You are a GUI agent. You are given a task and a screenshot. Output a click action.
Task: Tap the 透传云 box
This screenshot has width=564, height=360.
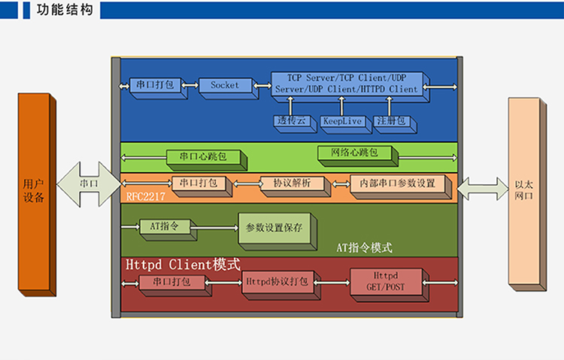[295, 124]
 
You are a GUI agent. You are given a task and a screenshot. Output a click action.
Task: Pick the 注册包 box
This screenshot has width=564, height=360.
[395, 124]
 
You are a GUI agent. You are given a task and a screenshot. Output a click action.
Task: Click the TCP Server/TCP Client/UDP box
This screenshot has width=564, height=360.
[350, 87]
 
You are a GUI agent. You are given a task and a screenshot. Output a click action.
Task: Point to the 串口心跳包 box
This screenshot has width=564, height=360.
[207, 159]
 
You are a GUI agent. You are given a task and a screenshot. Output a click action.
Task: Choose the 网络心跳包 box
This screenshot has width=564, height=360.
[358, 156]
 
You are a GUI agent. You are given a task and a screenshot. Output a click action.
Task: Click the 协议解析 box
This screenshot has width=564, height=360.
[295, 186]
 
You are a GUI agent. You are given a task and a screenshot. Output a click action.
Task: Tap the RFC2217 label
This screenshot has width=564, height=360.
[146, 196]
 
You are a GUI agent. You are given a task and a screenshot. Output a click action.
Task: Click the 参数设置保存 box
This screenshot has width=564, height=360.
[277, 231]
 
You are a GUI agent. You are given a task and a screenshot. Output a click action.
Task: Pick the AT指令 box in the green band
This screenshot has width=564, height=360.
[168, 230]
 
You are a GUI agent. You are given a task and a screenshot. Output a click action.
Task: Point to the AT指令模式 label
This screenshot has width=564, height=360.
[365, 248]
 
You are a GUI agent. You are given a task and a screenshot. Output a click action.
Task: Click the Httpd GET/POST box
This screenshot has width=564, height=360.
[390, 285]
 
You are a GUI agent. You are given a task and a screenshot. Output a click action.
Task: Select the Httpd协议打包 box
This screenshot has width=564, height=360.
[281, 285]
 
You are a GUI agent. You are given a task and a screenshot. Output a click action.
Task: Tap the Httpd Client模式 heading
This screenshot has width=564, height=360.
[183, 265]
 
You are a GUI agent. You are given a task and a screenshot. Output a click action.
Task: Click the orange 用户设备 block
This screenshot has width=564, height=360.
[37, 195]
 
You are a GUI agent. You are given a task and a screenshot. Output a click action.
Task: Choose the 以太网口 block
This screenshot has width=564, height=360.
[527, 194]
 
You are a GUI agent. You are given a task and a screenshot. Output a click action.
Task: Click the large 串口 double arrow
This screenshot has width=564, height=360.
[89, 184]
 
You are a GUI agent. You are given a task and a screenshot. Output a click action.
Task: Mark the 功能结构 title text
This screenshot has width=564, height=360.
[65, 10]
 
